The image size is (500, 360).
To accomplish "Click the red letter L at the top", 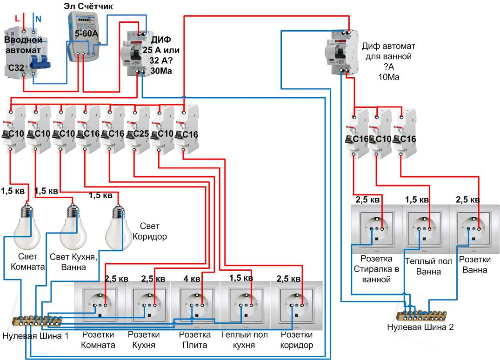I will tap(18, 19).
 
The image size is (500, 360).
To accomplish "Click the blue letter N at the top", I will tap(39, 19).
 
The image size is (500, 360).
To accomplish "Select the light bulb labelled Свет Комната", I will tap(26, 228).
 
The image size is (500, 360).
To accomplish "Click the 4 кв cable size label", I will tap(192, 279).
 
